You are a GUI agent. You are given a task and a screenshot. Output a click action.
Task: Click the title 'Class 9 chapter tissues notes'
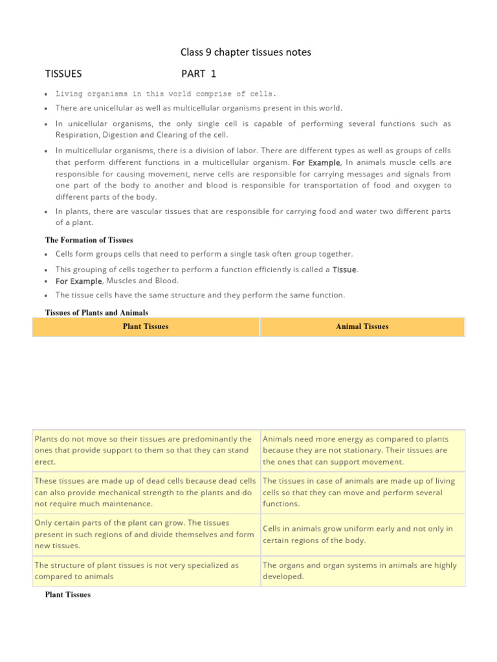pos(246,52)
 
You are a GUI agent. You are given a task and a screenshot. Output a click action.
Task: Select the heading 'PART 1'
pos(199,74)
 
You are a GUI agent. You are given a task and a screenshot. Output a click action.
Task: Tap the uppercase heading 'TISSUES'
pos(63,74)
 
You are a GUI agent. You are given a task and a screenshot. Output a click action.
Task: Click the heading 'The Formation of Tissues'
pos(89,240)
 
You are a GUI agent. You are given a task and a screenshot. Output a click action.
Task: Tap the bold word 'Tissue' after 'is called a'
pos(344,270)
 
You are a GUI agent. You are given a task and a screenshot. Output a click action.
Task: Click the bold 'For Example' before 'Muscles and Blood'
pos(78,281)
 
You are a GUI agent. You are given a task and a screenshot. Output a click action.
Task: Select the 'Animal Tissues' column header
pos(362,326)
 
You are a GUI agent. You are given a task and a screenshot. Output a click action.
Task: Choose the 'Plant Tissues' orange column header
pos(146,326)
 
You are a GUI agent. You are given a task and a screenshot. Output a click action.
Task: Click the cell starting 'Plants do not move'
pos(146,450)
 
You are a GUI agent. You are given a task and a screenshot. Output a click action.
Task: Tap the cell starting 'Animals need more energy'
pos(362,450)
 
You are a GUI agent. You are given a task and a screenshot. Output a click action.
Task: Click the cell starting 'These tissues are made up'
pos(146,492)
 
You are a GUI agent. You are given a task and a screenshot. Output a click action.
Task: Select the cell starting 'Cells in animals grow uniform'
pos(362,534)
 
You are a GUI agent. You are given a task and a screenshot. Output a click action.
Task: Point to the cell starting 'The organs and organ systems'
pos(362,570)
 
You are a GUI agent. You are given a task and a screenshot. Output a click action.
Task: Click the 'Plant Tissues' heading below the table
pos(67,595)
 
